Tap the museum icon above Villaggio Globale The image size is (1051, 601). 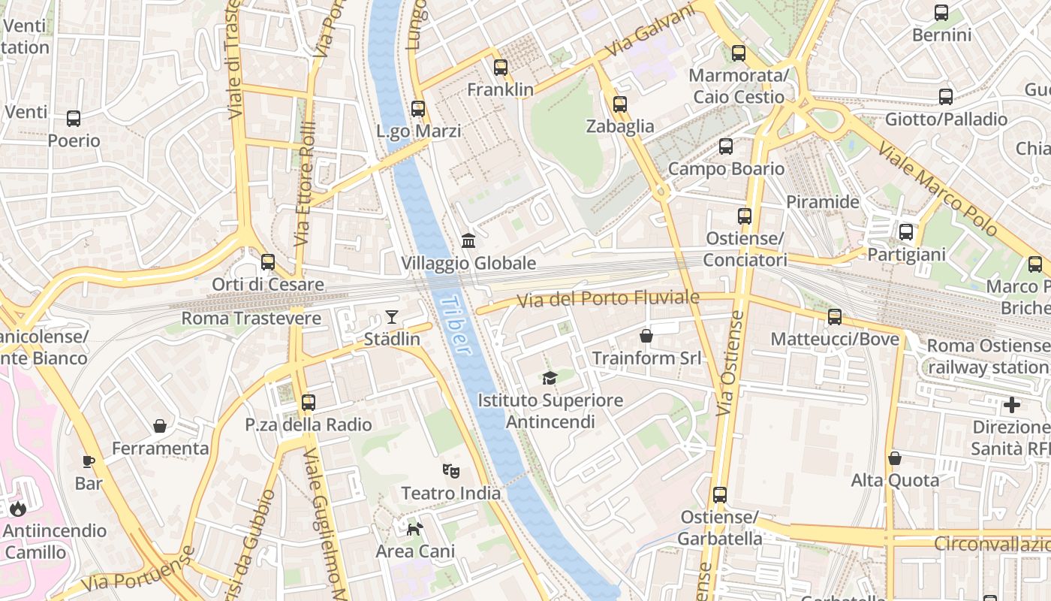pos(469,241)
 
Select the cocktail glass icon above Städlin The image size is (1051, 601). pos(392,317)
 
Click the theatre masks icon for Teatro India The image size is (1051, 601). pos(450,471)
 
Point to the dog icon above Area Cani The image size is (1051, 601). pos(414,529)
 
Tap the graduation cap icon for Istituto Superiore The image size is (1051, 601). pos(551,378)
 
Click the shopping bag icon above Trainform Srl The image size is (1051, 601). pos(646,336)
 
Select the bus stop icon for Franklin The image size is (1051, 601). pos(501,68)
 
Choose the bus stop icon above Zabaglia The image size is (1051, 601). pos(620,104)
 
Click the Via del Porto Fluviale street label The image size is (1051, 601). pos(608,299)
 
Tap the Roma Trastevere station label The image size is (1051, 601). pos(251,318)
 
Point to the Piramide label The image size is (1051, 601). pos(823,201)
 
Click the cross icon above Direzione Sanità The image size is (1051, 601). pos(1012,405)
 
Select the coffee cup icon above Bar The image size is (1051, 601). pos(89,461)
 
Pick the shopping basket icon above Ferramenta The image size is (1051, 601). pos(160,426)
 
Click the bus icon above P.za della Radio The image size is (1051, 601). pos(309,402)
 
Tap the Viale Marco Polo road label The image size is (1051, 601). pos(938,190)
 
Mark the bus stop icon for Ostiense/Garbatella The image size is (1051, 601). pos(720,495)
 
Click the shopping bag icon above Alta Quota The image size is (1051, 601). pos(895,458)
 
